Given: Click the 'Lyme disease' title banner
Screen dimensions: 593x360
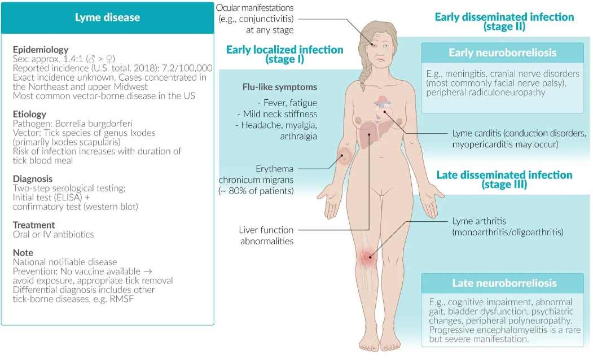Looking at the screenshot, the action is [107, 17].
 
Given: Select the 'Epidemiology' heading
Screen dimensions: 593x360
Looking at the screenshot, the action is [40, 50].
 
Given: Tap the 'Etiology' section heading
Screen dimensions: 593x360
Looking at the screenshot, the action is [29, 115].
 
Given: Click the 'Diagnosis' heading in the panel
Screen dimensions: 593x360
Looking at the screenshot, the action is [33, 179].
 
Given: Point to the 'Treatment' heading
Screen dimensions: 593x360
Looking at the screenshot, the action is [33, 225].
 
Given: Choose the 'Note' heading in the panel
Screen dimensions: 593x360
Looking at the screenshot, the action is [23, 253].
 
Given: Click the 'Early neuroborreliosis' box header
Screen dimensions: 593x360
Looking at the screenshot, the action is [502, 53].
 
